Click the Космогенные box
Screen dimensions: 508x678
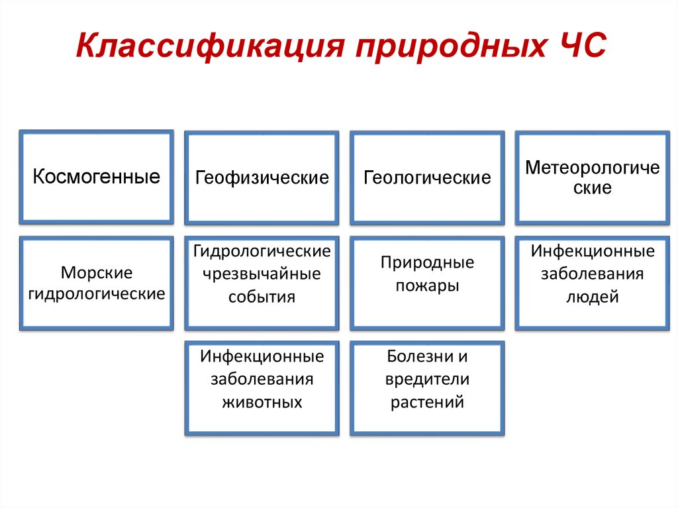[x=97, y=177]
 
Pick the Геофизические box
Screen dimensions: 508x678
[x=262, y=178]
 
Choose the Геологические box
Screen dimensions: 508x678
[x=427, y=178]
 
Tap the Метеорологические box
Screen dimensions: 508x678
[x=593, y=178]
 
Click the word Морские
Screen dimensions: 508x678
[x=97, y=272]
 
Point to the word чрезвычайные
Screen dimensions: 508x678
[x=262, y=274]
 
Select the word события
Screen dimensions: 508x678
[x=262, y=296]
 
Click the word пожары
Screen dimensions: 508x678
[x=427, y=285]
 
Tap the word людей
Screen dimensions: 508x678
[x=593, y=297]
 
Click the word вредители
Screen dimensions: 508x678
[x=427, y=380]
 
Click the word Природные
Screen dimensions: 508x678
[x=427, y=262]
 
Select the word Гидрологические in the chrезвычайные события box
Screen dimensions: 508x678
[x=262, y=251]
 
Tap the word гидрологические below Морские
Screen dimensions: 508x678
[x=97, y=293]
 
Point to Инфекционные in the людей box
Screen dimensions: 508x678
[x=593, y=251]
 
